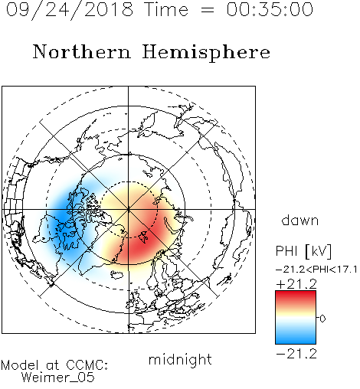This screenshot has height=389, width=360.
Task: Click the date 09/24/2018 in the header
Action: [x=70, y=10]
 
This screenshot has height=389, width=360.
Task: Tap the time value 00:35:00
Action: [x=270, y=9]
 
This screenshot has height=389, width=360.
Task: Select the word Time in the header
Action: [x=166, y=9]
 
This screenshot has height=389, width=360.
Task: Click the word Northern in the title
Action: [x=82, y=51]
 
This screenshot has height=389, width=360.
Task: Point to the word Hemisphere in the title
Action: [x=206, y=52]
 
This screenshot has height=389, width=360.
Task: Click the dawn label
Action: [x=300, y=221]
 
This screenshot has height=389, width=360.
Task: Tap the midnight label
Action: [x=180, y=359]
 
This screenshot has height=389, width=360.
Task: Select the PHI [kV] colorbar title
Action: [x=303, y=251]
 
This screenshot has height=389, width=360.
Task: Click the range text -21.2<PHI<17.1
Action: [x=316, y=270]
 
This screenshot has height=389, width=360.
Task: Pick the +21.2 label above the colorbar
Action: [x=296, y=284]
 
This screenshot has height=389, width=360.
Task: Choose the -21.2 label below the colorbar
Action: [x=296, y=354]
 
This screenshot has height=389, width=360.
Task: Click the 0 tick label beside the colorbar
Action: [x=322, y=319]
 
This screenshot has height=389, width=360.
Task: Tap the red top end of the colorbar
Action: [x=296, y=293]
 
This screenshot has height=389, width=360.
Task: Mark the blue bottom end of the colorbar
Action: [x=296, y=342]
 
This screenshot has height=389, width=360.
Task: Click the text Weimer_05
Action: [x=58, y=378]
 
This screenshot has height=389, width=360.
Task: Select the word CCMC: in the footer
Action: [x=87, y=365]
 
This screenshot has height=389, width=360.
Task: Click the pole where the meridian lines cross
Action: [x=129, y=209]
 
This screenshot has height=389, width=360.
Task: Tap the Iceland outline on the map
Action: [x=117, y=275]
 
